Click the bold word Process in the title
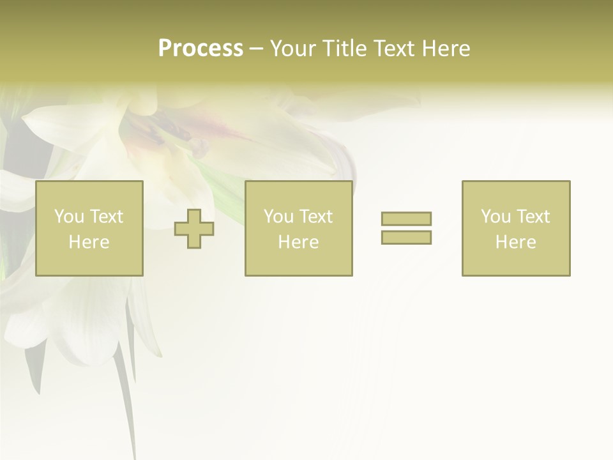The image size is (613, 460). tap(201, 49)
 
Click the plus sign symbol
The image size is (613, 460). tap(194, 229)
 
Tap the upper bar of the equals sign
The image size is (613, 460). tap(406, 218)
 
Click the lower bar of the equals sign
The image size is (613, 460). tap(406, 237)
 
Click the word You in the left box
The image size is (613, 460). tap(68, 217)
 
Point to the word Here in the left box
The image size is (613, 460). tap(89, 242)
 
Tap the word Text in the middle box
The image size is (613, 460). tap(315, 217)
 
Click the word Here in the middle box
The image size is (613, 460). tap(298, 242)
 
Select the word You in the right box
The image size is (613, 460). tap(495, 217)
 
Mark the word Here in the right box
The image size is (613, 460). tap(515, 242)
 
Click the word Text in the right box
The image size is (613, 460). tap(533, 217)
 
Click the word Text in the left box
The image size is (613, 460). tap(106, 217)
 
